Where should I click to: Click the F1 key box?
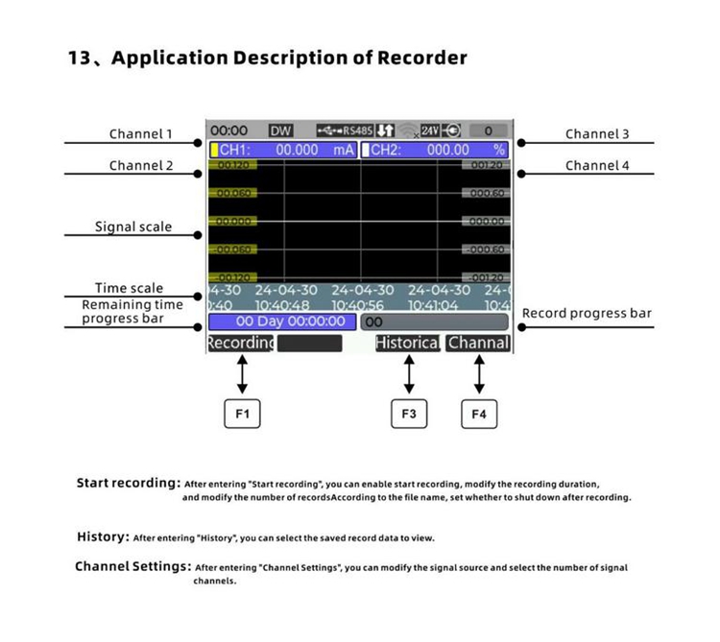[x=242, y=414]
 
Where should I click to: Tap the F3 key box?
[x=409, y=414]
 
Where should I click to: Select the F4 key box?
[x=479, y=414]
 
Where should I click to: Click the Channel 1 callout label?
[x=141, y=134]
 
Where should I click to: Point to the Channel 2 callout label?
[x=141, y=166]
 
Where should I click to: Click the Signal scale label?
[x=133, y=227]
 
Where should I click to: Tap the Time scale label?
[x=129, y=288]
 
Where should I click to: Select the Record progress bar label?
[x=587, y=314]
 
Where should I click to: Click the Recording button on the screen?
[x=240, y=343]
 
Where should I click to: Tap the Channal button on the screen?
[x=478, y=343]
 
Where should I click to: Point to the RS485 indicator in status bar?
[x=357, y=131]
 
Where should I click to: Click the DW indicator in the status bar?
[x=280, y=131]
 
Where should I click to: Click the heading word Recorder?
[x=419, y=58]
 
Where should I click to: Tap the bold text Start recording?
[x=129, y=483]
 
